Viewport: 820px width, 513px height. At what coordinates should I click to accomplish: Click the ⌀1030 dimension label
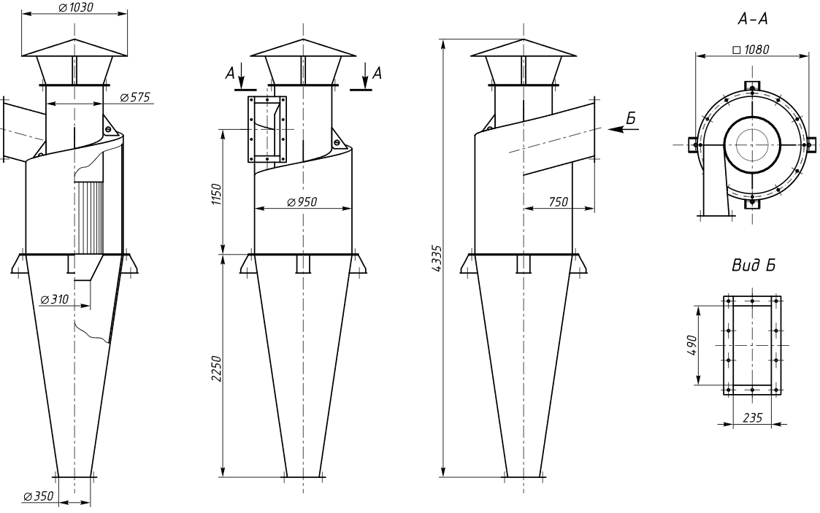tap(76, 8)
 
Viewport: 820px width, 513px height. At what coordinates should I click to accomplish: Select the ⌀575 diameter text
tap(135, 97)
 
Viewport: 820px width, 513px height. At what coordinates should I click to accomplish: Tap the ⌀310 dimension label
tap(54, 299)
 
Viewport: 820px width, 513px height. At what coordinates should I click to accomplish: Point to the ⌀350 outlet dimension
tap(39, 495)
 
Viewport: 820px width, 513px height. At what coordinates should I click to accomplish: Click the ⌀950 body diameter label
tap(302, 201)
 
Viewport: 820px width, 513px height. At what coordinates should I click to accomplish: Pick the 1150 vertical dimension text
tap(217, 194)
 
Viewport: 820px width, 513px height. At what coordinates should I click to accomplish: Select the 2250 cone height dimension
tap(217, 369)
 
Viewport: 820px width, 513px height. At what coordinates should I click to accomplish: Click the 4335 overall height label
tap(437, 258)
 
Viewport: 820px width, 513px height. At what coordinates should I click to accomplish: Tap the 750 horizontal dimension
tap(559, 201)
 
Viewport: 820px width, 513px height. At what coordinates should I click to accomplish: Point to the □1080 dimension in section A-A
tap(751, 50)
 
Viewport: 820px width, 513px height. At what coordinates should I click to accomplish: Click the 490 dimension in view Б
tap(691, 345)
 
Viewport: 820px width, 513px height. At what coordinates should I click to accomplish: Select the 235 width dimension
tap(753, 417)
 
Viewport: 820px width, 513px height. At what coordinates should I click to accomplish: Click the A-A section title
tap(753, 19)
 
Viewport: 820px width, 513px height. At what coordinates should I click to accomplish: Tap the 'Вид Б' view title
tap(753, 266)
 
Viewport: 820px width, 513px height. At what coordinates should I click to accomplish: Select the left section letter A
tap(230, 74)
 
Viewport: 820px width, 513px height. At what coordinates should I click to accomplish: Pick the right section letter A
tap(377, 74)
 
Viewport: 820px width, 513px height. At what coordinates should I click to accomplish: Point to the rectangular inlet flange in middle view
tap(267, 130)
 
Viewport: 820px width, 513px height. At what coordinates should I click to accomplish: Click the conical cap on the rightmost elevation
tap(524, 47)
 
